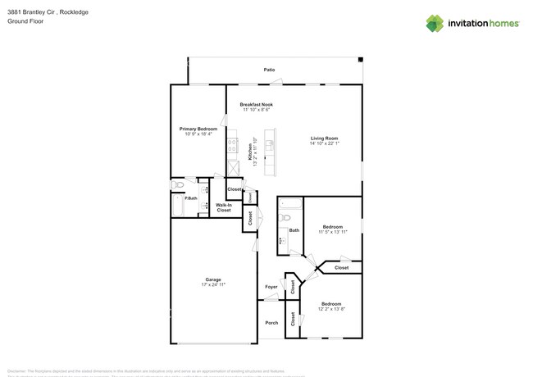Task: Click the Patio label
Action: [269, 70]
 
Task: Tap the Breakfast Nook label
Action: [257, 105]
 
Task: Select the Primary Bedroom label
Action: [198, 129]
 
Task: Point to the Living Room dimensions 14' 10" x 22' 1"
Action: [324, 143]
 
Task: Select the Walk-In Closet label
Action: [223, 208]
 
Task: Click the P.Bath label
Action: [190, 198]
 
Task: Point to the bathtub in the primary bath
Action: [178, 205]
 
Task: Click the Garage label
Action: [213, 279]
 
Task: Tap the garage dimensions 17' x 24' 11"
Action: [213, 285]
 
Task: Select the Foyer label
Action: [271, 287]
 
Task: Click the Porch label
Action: [271, 323]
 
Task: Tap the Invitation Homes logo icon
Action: [435, 23]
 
